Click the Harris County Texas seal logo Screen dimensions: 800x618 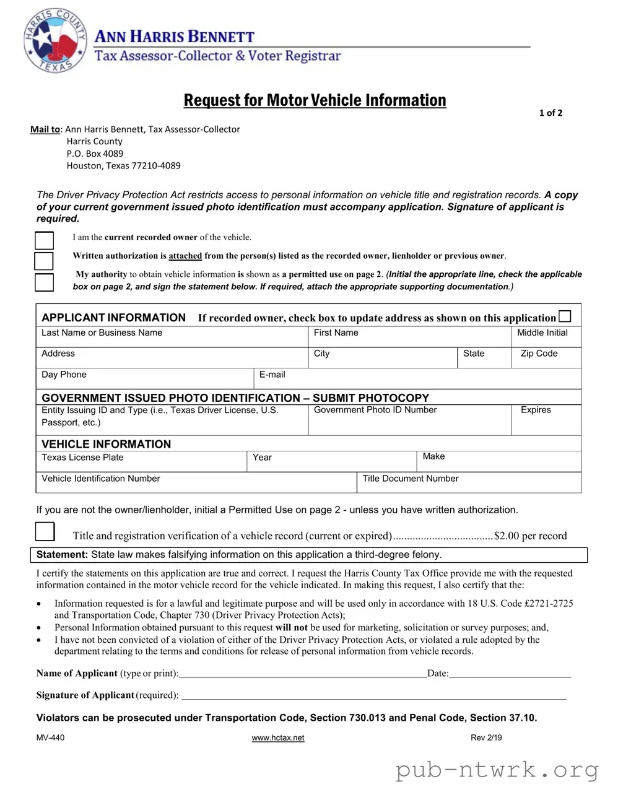click(x=54, y=41)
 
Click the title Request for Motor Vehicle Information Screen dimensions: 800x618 click(x=315, y=100)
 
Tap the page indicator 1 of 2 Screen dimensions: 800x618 click(x=551, y=113)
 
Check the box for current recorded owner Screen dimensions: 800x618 click(x=44, y=240)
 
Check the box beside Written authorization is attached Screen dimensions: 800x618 click(x=44, y=261)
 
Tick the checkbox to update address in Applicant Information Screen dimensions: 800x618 click(x=565, y=316)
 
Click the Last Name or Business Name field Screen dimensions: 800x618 click(x=172, y=337)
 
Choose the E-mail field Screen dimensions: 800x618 click(x=417, y=379)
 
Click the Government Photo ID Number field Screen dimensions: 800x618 click(x=409, y=420)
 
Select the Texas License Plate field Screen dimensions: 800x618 click(x=141, y=463)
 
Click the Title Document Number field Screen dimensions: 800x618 click(x=469, y=484)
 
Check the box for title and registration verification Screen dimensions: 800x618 click(x=45, y=532)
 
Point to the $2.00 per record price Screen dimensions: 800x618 click(x=530, y=536)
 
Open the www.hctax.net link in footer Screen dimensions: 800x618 click(x=278, y=738)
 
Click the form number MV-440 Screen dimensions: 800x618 click(x=50, y=738)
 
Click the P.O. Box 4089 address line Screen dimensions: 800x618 click(x=95, y=154)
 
